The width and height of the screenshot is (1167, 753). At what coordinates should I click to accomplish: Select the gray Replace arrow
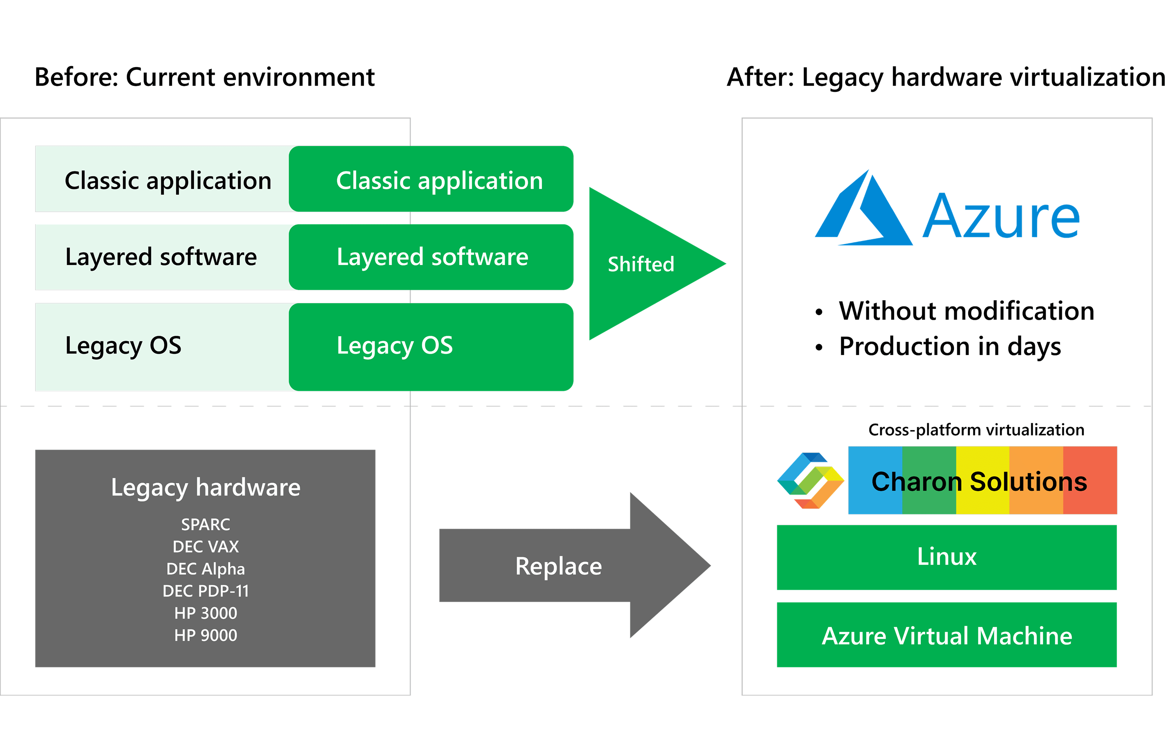click(x=562, y=566)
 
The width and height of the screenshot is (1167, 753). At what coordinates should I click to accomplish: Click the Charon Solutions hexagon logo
click(x=810, y=481)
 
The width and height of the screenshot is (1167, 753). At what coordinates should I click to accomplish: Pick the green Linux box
click(x=946, y=557)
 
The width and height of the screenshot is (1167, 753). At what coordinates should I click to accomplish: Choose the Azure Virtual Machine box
click(x=946, y=635)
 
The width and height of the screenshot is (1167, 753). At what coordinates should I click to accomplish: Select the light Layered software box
click(x=161, y=257)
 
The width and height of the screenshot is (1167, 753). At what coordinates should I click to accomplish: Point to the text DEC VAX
click(x=205, y=546)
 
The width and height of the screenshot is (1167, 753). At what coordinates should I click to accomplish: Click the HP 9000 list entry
click(x=205, y=635)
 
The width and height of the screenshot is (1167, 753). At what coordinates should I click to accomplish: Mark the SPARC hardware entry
click(x=205, y=524)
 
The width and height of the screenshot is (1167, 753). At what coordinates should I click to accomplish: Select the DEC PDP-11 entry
click(x=205, y=591)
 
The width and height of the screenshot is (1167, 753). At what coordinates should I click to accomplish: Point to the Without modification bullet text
click(x=966, y=311)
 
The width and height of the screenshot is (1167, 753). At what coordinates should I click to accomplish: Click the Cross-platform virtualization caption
click(x=976, y=430)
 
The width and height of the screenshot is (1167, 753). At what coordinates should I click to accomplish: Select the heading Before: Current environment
click(x=204, y=77)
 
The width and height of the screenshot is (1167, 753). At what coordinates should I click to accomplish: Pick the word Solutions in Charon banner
click(x=1028, y=482)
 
